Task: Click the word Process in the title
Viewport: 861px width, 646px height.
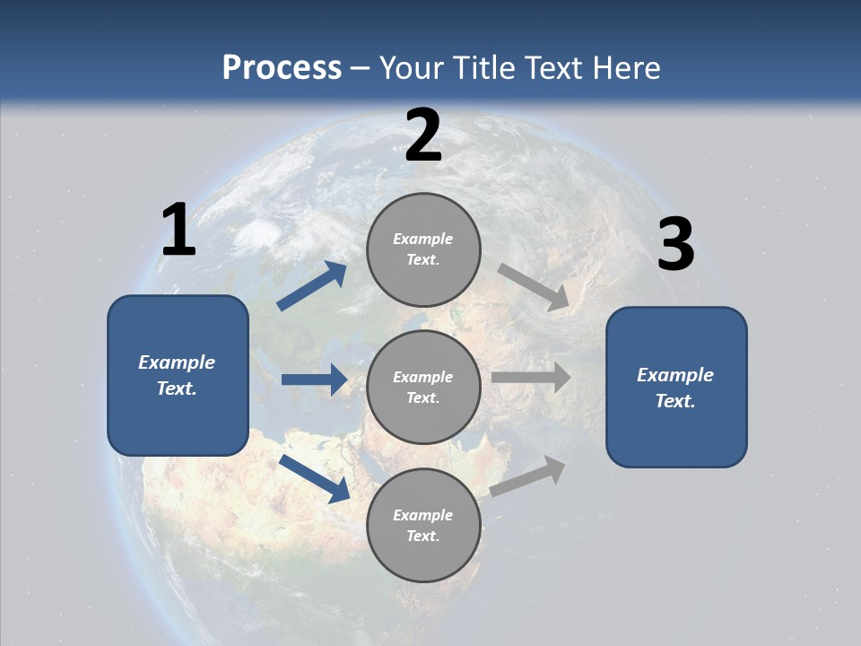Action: (x=282, y=68)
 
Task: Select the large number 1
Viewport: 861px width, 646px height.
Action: (x=178, y=231)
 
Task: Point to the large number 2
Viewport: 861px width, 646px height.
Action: (x=423, y=135)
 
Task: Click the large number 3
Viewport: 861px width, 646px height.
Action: (x=675, y=245)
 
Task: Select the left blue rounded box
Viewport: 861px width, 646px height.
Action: (x=178, y=375)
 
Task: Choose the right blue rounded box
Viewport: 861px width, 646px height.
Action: (x=676, y=388)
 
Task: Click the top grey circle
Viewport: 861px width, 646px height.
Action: (x=423, y=249)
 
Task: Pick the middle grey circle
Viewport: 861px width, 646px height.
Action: (x=423, y=388)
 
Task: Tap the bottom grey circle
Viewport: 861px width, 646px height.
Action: (x=423, y=526)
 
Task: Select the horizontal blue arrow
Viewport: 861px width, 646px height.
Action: (x=314, y=380)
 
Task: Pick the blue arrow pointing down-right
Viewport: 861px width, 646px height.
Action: (x=315, y=478)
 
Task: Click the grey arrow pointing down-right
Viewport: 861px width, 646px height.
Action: (x=534, y=287)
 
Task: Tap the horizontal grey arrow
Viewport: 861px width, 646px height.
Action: (x=531, y=378)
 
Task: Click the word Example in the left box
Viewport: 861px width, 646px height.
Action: (x=177, y=362)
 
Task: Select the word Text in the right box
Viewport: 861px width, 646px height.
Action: (x=674, y=401)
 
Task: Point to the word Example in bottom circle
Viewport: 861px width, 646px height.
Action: (x=422, y=515)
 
